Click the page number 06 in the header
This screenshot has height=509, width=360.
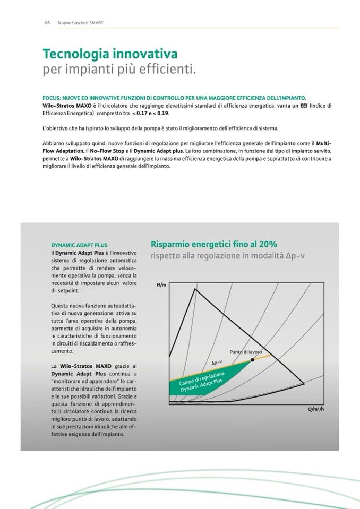[x=47, y=22]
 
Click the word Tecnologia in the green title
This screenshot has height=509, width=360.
[x=76, y=54]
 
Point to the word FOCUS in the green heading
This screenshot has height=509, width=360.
[x=53, y=98]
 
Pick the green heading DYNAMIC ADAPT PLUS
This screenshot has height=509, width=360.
[x=79, y=246]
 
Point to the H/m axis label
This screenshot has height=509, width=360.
[x=161, y=286]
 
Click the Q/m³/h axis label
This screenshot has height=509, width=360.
[x=315, y=410]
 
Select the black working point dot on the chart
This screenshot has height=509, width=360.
[x=252, y=360]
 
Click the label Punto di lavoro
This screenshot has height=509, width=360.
[x=246, y=352]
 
